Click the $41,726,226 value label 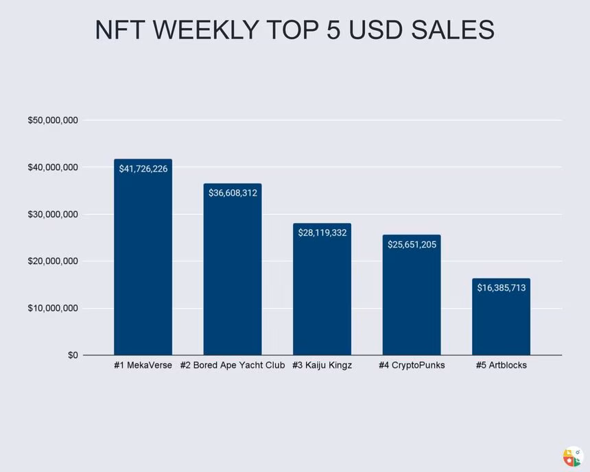point(143,169)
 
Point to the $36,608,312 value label point(233,193)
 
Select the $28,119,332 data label point(322,233)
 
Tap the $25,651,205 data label point(412,244)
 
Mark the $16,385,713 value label point(501,288)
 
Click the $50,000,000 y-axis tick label point(53,121)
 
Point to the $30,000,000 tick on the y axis point(53,215)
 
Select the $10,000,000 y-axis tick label point(53,309)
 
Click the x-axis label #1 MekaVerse point(143,366)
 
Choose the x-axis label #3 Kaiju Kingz point(322,366)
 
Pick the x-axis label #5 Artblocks point(501,366)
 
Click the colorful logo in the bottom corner point(571,457)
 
